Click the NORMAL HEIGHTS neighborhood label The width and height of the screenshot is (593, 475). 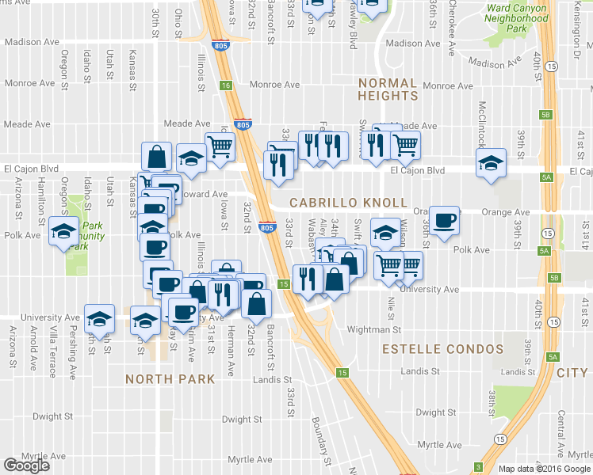(x=388, y=89)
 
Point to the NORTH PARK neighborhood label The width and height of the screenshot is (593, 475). (x=170, y=379)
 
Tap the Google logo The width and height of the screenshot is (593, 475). (x=27, y=465)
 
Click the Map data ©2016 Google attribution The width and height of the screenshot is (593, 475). (x=545, y=469)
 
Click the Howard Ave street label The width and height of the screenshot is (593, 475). (x=205, y=194)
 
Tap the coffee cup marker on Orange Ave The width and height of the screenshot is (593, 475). (x=445, y=219)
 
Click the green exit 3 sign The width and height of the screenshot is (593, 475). (x=478, y=466)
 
